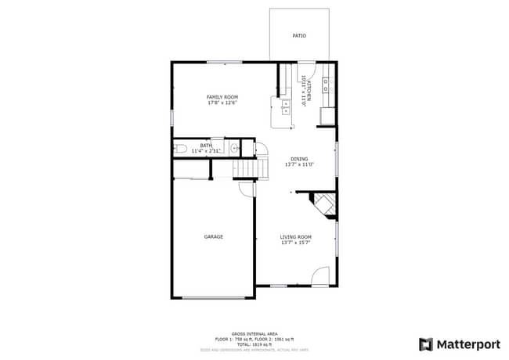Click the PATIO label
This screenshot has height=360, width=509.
tap(299, 36)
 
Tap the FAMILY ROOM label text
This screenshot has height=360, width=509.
tap(222, 97)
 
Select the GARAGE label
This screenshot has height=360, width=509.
tap(214, 236)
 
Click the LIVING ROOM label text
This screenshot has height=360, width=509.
tap(296, 237)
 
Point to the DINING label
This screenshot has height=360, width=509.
tap(299, 159)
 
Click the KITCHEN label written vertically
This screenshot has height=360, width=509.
tap(309, 91)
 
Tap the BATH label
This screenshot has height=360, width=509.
tap(206, 145)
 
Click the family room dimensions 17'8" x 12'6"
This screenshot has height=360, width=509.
tap(222, 103)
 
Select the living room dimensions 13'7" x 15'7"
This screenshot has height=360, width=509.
tap(296, 243)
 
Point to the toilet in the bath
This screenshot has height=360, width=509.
tap(179, 148)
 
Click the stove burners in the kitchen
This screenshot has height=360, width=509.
tap(329, 85)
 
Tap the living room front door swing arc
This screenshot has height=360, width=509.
tap(319, 275)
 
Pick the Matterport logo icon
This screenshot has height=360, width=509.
tap(426, 344)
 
